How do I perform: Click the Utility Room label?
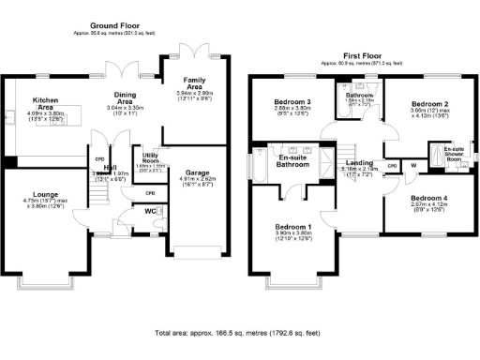(x=149, y=158)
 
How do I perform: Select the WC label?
(x=150, y=212)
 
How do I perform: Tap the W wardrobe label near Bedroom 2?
(x=413, y=166)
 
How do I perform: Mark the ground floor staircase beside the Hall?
(x=97, y=192)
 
